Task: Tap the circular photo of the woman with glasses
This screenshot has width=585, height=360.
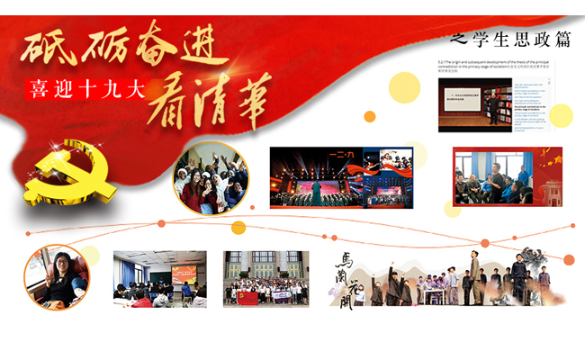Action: tap(56, 277)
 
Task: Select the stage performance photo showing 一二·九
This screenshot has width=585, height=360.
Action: tap(341, 177)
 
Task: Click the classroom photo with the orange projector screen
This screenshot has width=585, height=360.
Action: tap(159, 279)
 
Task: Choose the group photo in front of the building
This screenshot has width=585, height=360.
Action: tap(265, 279)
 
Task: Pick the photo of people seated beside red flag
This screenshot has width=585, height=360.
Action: tap(507, 176)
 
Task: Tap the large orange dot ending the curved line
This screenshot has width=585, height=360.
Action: tap(568, 260)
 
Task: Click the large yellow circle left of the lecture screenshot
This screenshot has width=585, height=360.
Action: tap(405, 89)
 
